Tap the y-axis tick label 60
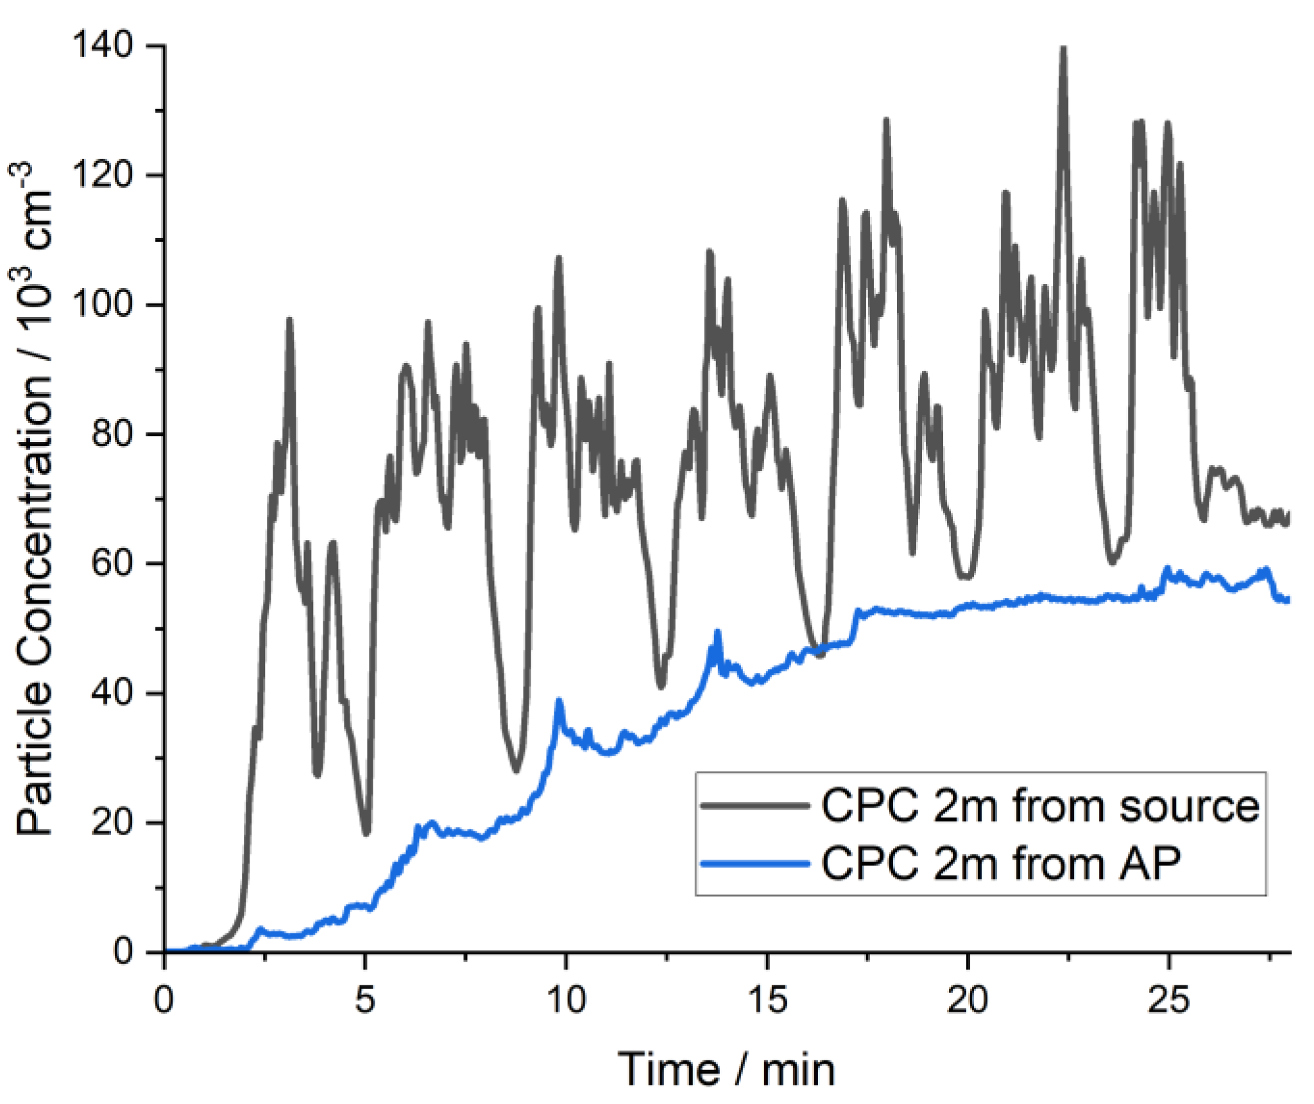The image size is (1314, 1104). (x=112, y=563)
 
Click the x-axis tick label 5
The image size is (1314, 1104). (x=364, y=999)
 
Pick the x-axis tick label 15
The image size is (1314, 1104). (x=767, y=999)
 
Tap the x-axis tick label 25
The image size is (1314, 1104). (x=1168, y=999)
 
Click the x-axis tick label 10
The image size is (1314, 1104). (x=566, y=999)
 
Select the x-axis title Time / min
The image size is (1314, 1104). (x=726, y=1069)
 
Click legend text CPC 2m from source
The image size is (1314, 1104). (x=1040, y=806)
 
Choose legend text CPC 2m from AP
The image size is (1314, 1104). (x=1000, y=863)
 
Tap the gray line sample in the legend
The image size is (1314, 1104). (x=755, y=805)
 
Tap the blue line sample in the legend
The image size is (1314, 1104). (x=755, y=863)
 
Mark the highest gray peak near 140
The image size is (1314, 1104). (x=1063, y=49)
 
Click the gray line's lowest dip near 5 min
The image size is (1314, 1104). (x=366, y=833)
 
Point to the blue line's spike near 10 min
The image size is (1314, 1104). (x=559, y=701)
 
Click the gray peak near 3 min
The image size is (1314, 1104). (x=289, y=319)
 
